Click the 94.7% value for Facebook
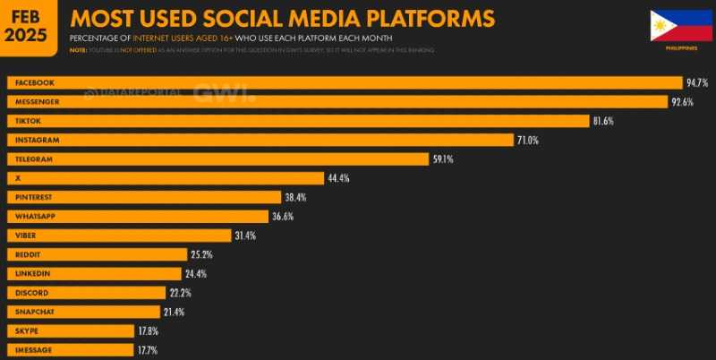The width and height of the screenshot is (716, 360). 696,82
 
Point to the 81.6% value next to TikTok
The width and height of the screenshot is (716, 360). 602,121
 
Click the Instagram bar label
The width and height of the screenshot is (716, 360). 35,140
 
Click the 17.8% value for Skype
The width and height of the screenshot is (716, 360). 149,330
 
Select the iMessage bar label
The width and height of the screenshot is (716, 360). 33,349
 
